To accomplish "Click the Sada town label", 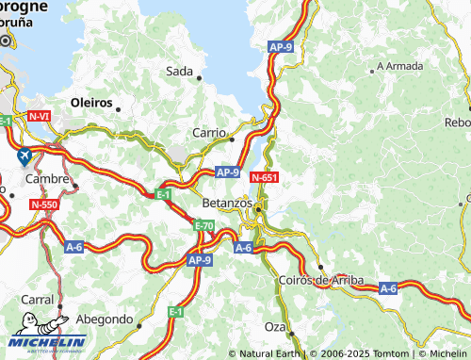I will [x=179, y=71].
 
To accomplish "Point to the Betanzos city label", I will [x=227, y=203].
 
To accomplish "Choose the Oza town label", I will [x=274, y=325].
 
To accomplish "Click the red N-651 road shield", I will [x=264, y=175].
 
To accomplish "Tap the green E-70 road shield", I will [x=204, y=226].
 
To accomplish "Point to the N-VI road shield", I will [x=40, y=117].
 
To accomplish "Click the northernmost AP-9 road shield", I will [x=281, y=46].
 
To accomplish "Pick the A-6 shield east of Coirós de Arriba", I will [x=387, y=287].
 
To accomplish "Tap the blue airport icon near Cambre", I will [x=24, y=155].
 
